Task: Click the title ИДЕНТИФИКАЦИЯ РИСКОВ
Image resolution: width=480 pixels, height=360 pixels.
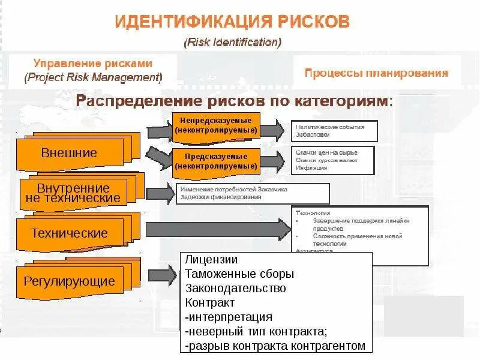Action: click(x=232, y=22)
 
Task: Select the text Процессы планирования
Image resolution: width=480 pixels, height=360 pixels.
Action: click(x=376, y=73)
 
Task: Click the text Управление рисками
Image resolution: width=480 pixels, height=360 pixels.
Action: click(x=93, y=64)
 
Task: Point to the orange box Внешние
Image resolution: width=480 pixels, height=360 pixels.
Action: click(x=69, y=153)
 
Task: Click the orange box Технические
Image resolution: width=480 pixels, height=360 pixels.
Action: click(x=70, y=233)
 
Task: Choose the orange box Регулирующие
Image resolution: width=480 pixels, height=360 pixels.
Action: click(x=69, y=281)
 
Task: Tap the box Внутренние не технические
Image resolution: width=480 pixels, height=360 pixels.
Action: click(x=74, y=193)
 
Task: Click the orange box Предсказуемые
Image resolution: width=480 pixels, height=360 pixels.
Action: click(x=215, y=161)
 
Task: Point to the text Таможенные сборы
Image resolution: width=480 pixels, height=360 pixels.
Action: click(x=239, y=274)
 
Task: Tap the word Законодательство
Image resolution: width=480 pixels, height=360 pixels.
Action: click(x=235, y=289)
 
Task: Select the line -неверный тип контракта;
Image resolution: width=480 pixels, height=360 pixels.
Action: click(x=256, y=332)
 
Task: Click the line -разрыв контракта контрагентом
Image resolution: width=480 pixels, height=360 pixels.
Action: click(x=275, y=346)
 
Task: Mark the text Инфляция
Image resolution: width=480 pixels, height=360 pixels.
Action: click(x=311, y=168)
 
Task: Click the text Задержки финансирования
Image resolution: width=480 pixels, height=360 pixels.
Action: click(x=221, y=197)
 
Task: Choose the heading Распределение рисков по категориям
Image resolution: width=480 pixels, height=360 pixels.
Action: click(x=235, y=100)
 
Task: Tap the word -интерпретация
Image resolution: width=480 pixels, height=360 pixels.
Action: click(x=229, y=317)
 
